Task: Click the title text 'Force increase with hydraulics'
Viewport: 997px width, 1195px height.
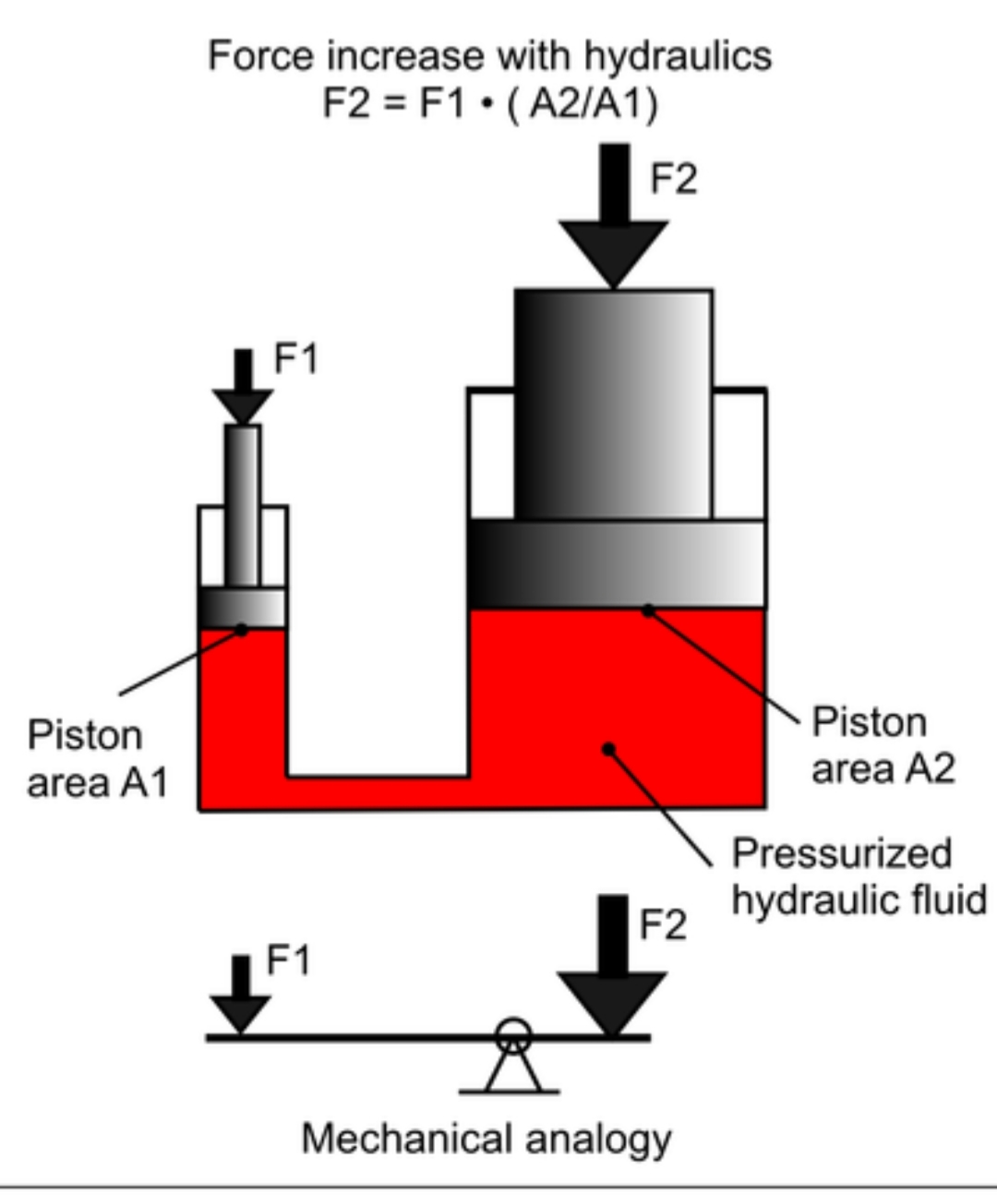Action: tap(489, 55)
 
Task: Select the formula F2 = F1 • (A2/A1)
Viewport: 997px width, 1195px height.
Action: tap(489, 103)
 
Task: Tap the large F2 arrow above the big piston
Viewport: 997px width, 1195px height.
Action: tap(613, 222)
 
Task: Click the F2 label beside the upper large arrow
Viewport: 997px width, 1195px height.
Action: tap(674, 177)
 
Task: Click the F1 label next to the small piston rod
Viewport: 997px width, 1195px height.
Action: tap(295, 358)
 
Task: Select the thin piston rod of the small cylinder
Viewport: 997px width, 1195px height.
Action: tap(243, 503)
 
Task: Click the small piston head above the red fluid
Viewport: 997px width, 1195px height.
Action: tap(243, 607)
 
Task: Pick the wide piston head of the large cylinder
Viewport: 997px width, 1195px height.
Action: tap(617, 563)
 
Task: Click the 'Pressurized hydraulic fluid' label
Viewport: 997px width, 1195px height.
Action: tap(859, 876)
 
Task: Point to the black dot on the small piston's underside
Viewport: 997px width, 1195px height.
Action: tap(242, 630)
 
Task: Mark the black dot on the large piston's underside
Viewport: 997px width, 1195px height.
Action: tap(648, 610)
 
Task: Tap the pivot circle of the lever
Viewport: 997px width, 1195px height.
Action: tap(512, 1035)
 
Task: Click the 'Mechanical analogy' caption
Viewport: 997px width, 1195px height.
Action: tap(486, 1139)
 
